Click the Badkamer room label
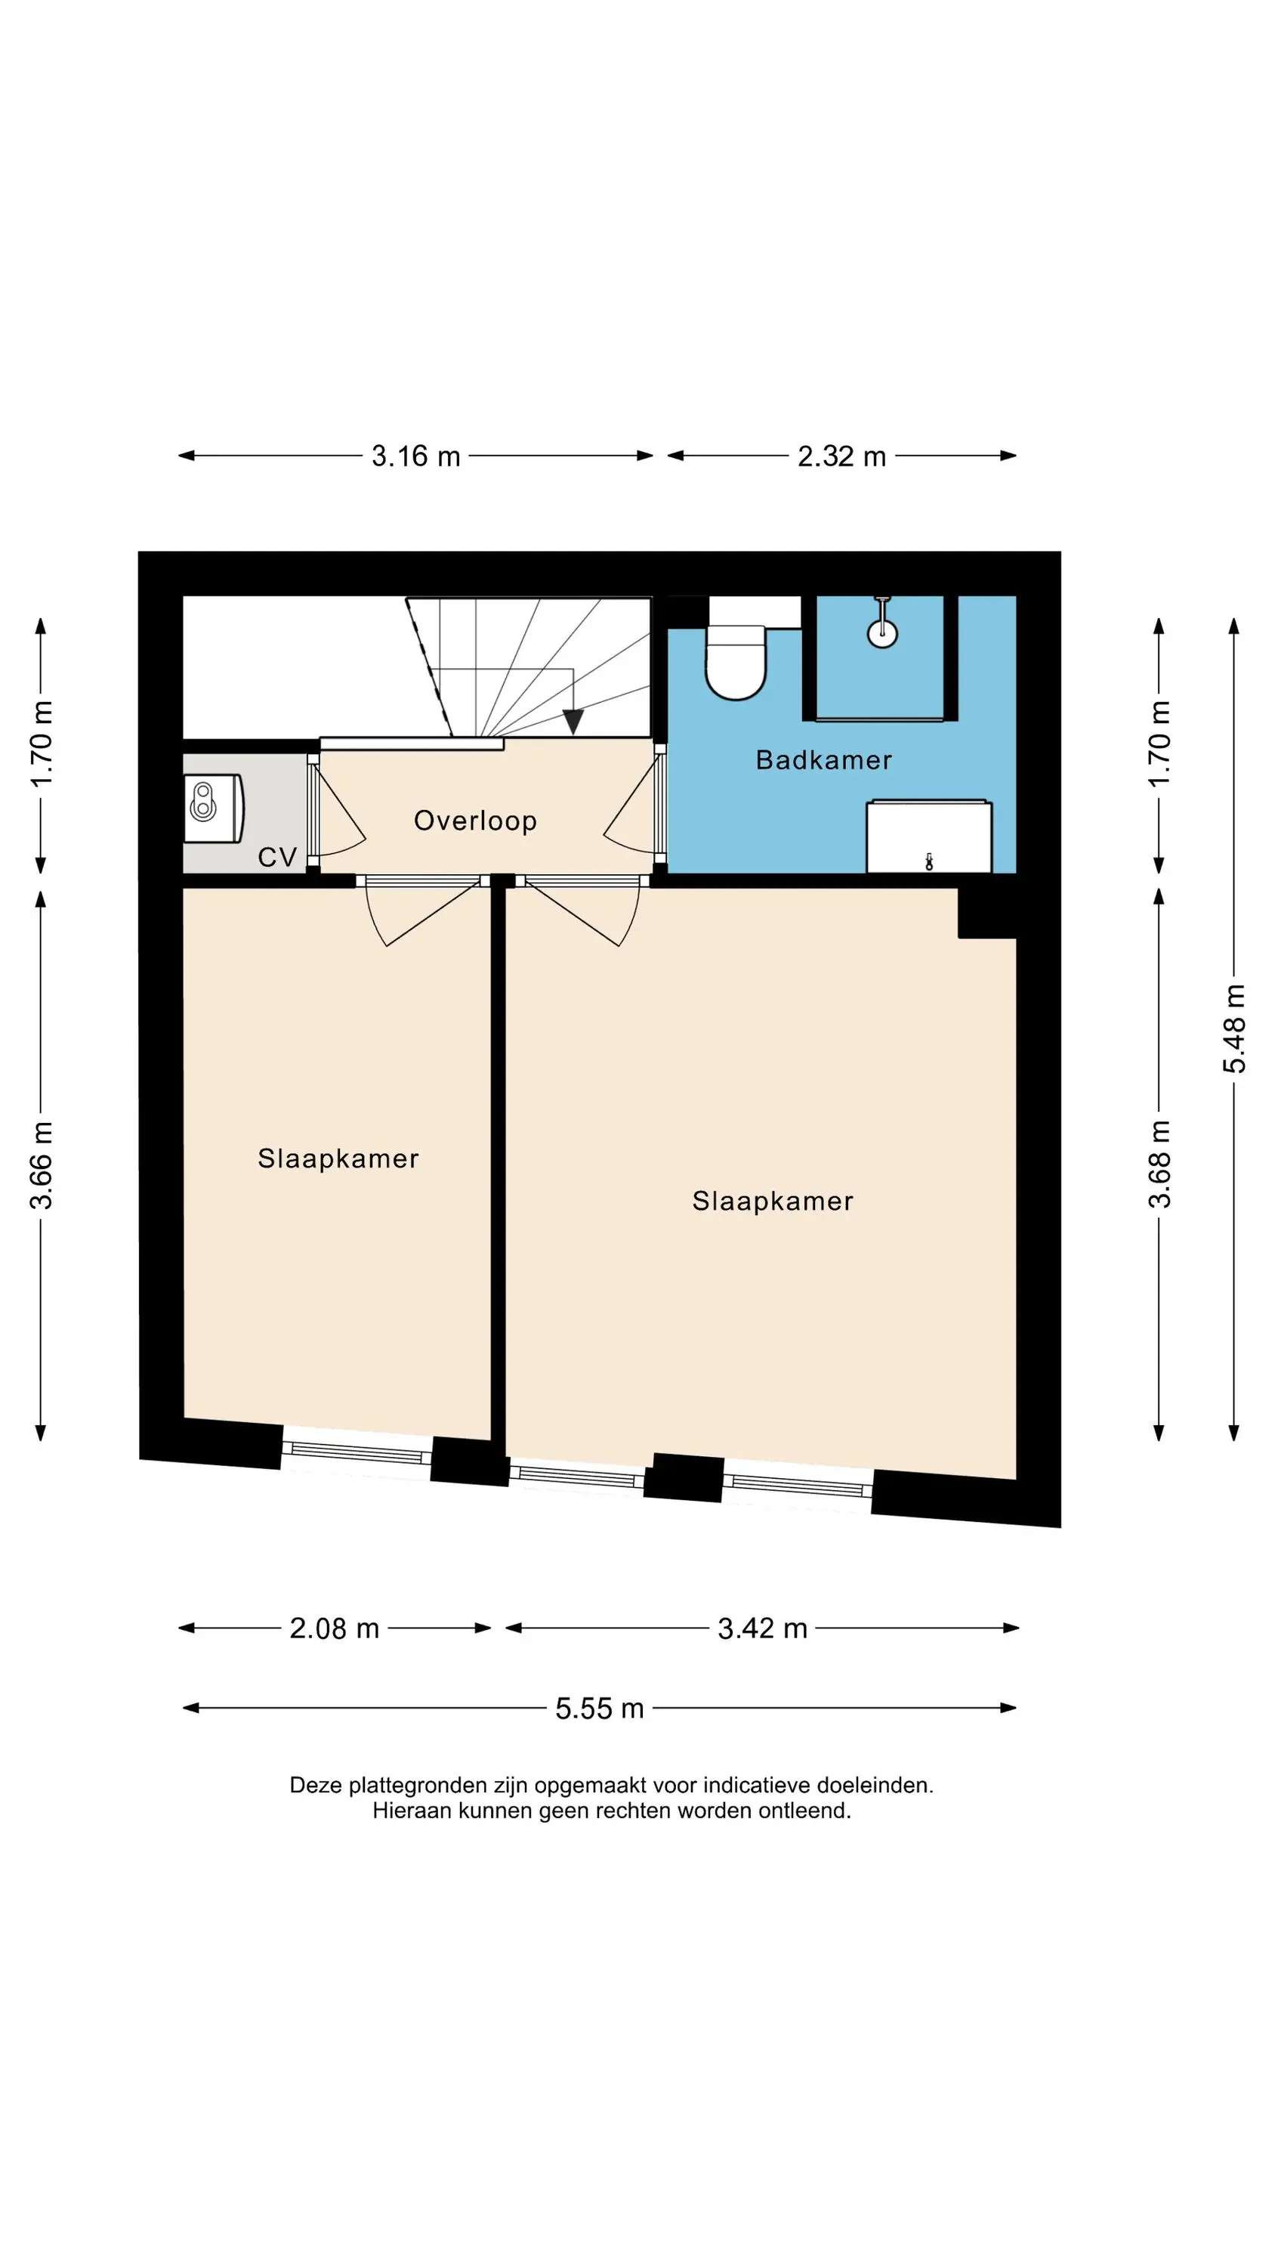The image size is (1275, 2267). click(823, 759)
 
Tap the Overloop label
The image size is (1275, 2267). click(475, 821)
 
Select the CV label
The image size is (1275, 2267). click(277, 857)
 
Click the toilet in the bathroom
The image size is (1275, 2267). click(736, 662)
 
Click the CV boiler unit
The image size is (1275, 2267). click(214, 808)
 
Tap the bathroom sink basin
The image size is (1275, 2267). click(929, 836)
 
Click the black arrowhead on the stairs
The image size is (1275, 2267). click(573, 722)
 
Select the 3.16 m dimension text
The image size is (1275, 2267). click(416, 456)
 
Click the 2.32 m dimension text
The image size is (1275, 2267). click(841, 456)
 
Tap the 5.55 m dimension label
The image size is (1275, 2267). click(600, 1708)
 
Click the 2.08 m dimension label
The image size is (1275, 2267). click(335, 1628)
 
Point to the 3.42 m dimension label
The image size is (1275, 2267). click(763, 1628)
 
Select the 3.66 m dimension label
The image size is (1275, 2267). click(42, 1165)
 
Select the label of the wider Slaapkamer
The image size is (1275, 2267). click(773, 1202)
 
